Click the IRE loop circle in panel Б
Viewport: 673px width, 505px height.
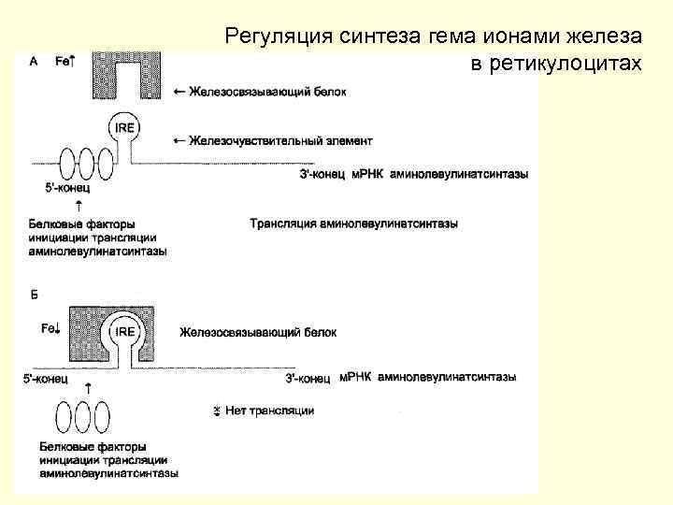point(124,331)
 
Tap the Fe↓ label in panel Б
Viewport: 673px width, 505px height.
point(50,328)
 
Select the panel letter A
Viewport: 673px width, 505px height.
point(35,60)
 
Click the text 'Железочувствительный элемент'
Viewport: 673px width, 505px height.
point(280,141)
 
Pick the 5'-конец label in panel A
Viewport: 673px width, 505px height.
point(65,188)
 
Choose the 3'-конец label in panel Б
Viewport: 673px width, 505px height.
point(308,378)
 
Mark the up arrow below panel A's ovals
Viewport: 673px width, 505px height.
point(79,205)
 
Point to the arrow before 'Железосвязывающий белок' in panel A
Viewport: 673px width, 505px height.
point(179,91)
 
